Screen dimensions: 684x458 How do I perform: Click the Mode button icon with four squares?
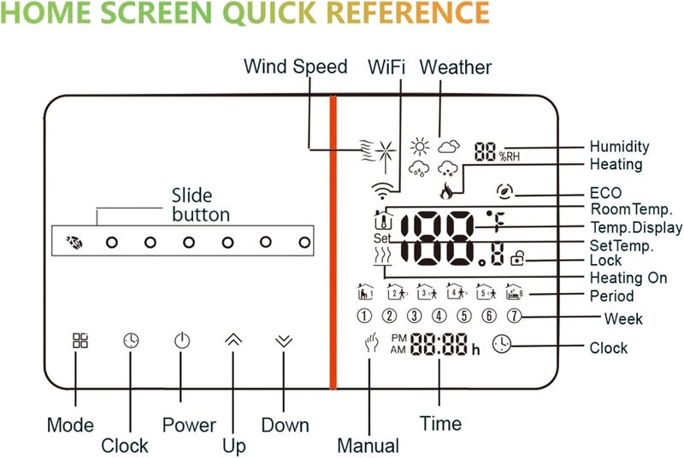(80, 340)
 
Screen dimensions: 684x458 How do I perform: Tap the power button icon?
(182, 340)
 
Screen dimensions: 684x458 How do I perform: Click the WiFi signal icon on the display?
(381, 190)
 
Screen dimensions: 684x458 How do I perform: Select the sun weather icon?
(420, 146)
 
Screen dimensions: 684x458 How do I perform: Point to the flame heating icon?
(445, 191)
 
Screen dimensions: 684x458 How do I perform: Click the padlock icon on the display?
(517, 258)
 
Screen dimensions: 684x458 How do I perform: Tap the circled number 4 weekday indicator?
(439, 315)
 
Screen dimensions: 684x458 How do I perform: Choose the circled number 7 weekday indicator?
(515, 315)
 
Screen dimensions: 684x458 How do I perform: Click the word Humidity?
(619, 146)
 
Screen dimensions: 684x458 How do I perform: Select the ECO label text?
(605, 192)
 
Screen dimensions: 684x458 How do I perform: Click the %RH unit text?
(509, 156)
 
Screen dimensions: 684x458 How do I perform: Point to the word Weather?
(456, 68)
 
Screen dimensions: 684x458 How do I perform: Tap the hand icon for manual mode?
(371, 342)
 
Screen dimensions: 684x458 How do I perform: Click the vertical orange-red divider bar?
(333, 243)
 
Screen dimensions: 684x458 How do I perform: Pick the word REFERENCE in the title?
(408, 13)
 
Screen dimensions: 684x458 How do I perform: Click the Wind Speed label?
(295, 67)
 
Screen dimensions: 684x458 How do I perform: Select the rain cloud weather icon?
(419, 168)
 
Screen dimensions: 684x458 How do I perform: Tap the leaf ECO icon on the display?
(504, 191)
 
